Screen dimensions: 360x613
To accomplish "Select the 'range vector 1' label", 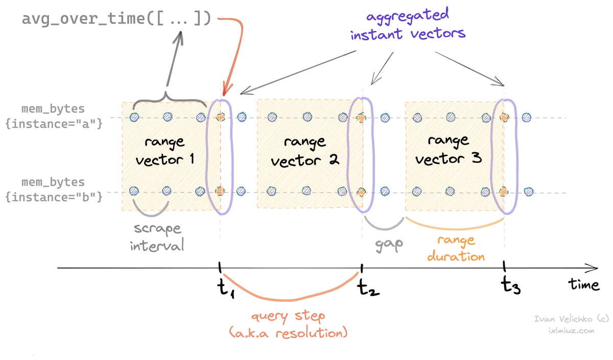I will (x=164, y=150).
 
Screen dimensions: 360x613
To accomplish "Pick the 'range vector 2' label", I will (x=305, y=152).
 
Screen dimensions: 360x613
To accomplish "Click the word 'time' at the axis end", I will (x=584, y=284).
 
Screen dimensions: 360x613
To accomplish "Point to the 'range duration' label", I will (x=455, y=248).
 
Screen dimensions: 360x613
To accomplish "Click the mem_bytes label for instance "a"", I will (x=54, y=116).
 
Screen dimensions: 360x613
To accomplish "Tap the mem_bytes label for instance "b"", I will (x=54, y=189).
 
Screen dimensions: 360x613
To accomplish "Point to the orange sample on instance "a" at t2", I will (x=362, y=117).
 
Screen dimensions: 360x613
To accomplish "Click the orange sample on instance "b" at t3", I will (x=504, y=191).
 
